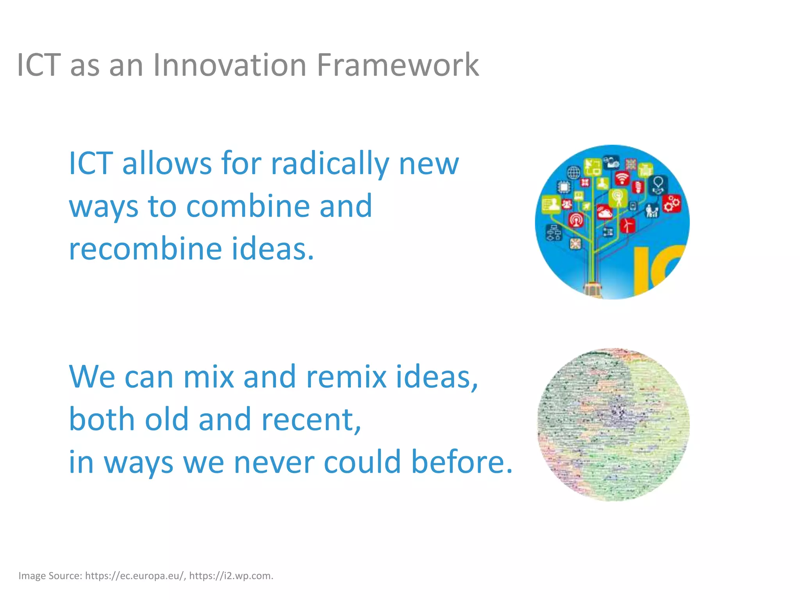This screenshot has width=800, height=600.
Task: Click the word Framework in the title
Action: coord(397,65)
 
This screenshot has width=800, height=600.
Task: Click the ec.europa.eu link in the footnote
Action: coord(134,576)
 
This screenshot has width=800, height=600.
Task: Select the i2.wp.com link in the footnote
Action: coord(230,576)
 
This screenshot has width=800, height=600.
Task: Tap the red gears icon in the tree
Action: coord(672,204)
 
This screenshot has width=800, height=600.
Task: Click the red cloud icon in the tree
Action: coord(605,212)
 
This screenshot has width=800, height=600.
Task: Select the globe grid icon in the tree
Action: coord(574,172)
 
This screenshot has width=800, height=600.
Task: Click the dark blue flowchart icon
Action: coord(554,233)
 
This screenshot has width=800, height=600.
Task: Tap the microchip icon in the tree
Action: coord(564,187)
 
